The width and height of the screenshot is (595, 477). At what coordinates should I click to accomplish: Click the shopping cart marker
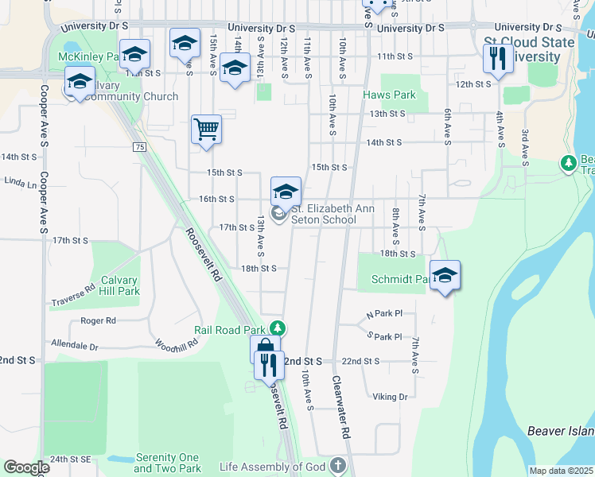click(x=206, y=129)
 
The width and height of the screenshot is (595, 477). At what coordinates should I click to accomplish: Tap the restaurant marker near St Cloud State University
click(x=498, y=59)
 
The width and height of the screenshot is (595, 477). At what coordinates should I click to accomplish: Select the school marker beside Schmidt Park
click(x=445, y=275)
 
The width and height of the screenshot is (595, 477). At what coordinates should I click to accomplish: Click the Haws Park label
click(x=389, y=95)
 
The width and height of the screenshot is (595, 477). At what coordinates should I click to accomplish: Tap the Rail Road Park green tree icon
click(x=278, y=328)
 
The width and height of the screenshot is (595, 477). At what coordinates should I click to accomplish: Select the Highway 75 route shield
click(x=140, y=147)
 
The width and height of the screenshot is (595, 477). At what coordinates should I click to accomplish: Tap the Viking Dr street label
click(x=390, y=397)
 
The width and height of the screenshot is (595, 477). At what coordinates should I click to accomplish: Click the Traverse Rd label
click(x=73, y=301)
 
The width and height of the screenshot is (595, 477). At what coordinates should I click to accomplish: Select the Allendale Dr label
click(x=74, y=347)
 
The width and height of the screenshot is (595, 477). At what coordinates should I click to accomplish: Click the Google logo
click(x=26, y=467)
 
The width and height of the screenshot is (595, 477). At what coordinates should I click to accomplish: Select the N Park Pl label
click(x=385, y=314)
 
